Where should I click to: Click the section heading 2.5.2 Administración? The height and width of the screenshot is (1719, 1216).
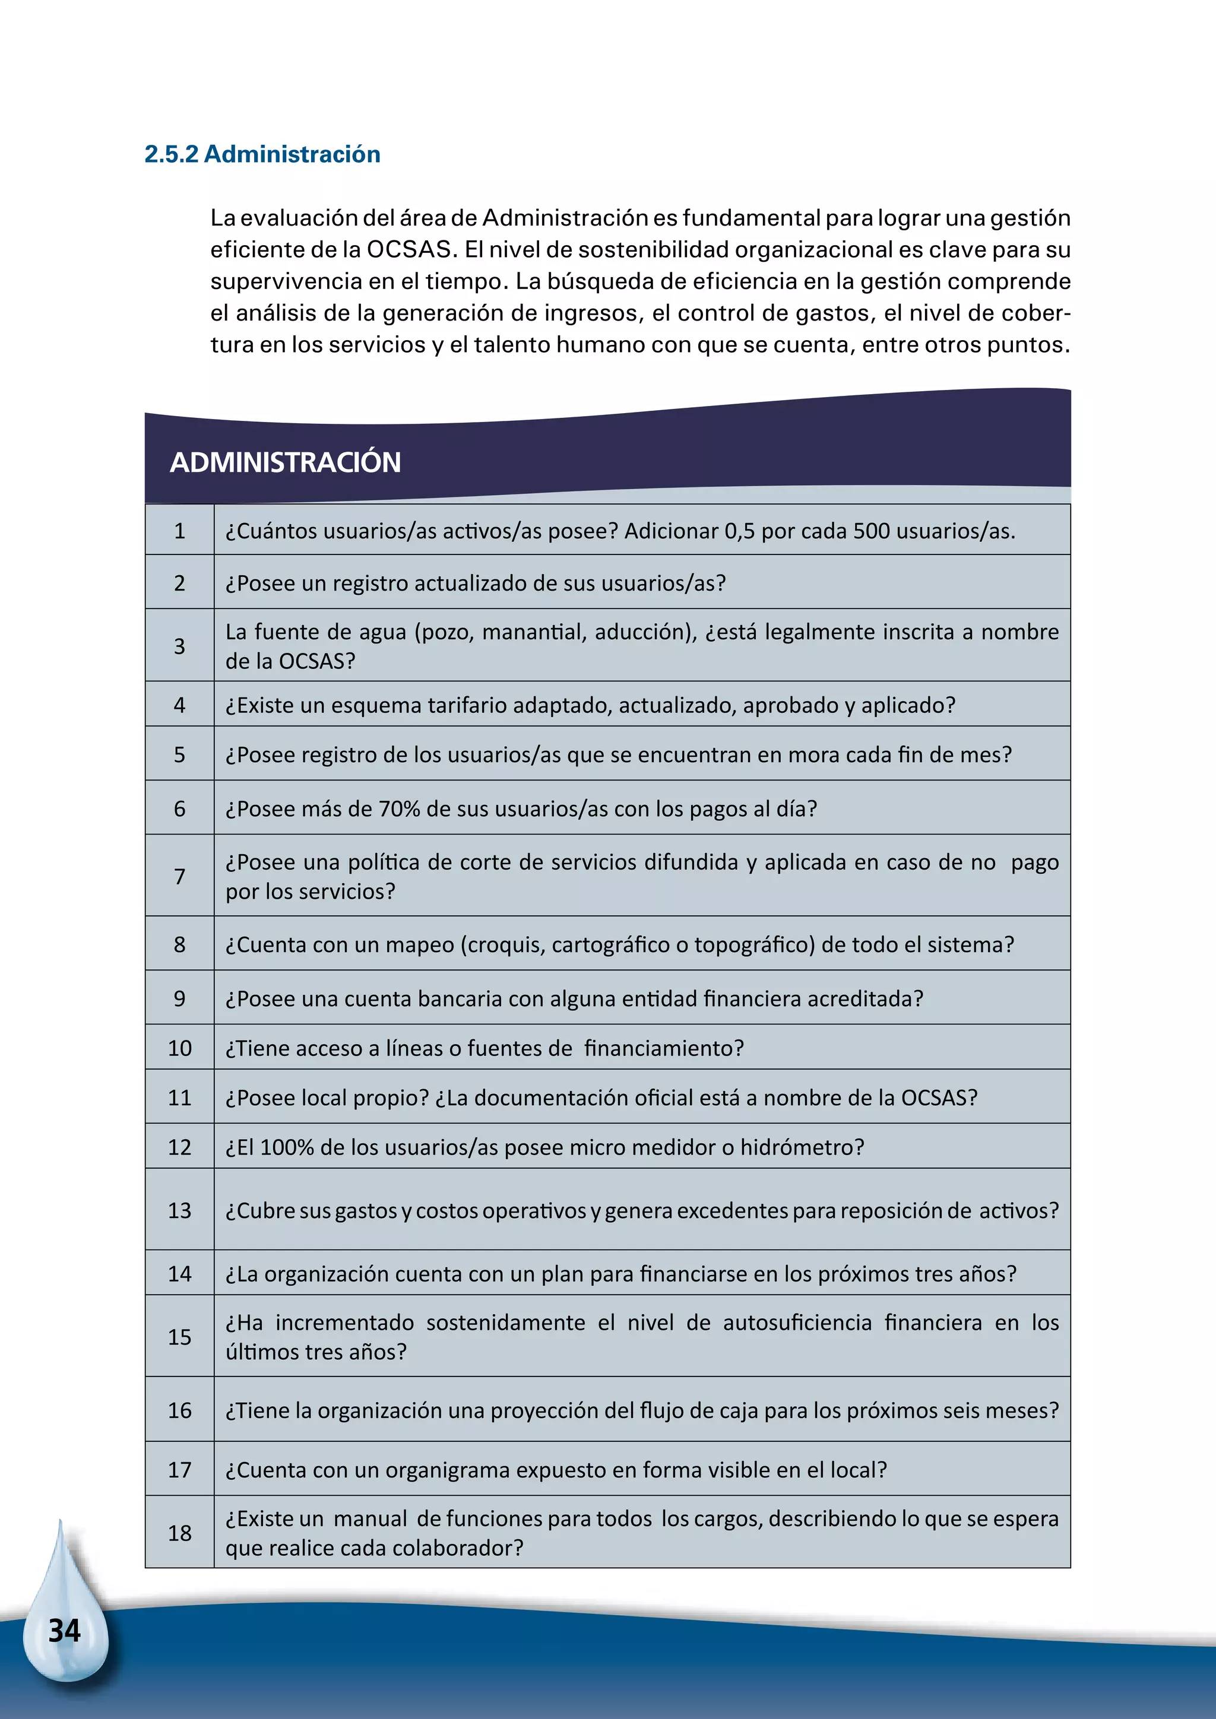pyautogui.click(x=262, y=154)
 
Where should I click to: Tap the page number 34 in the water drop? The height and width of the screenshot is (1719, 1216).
pyautogui.click(x=64, y=1631)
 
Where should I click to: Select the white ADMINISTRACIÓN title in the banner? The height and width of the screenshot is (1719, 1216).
pyautogui.click(x=285, y=462)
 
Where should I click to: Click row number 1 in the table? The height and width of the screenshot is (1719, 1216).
pyautogui.click(x=180, y=531)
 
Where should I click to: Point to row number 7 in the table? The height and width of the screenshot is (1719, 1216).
pyautogui.click(x=180, y=876)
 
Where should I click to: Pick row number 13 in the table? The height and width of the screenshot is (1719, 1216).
pyautogui.click(x=180, y=1211)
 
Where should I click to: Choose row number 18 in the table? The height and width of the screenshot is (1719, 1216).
pyautogui.click(x=180, y=1533)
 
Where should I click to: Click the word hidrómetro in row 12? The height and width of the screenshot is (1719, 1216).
pyautogui.click(x=802, y=1147)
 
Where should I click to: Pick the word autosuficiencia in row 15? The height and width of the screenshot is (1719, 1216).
pyautogui.click(x=797, y=1323)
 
